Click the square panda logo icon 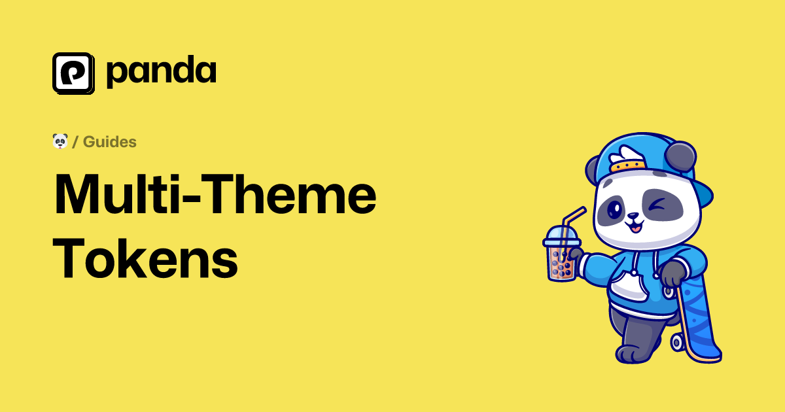pos(73,73)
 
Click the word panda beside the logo pos(161,71)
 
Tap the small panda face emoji pos(60,141)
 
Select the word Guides pos(110,142)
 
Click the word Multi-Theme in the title pos(215,194)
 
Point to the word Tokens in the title pos(145,258)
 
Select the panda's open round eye pos(614,209)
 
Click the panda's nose pos(633,215)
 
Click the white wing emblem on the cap pos(626,156)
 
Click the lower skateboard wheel pos(677,342)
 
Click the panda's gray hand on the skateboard pos(673,274)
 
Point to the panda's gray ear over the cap pos(680,156)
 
